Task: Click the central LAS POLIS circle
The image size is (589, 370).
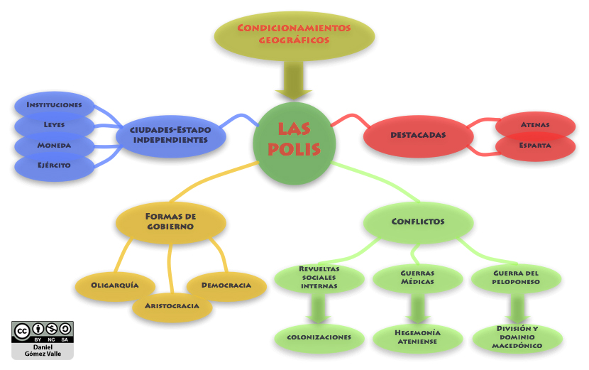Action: coord(294,139)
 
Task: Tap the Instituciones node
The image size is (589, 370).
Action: coord(54,105)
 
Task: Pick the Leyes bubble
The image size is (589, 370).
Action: coord(54,125)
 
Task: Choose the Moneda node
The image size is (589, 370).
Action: coord(54,146)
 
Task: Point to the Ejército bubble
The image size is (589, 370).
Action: coord(54,165)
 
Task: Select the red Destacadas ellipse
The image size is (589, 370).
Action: coord(417,135)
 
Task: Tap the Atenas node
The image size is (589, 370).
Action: coord(535,125)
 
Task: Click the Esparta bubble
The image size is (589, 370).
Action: coord(535,146)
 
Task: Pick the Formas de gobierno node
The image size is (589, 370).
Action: coord(170,221)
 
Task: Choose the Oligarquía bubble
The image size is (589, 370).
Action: coord(114,285)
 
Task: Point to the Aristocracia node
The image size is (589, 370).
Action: coord(172,306)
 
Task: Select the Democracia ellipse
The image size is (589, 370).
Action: coord(226,285)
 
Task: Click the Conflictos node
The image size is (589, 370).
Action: coord(417,222)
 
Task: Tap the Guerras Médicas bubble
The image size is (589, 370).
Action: coord(417,277)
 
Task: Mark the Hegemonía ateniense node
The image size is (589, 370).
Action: coord(417,337)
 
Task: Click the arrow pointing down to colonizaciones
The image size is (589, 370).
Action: coord(319,308)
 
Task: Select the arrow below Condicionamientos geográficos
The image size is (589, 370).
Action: coord(293,80)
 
